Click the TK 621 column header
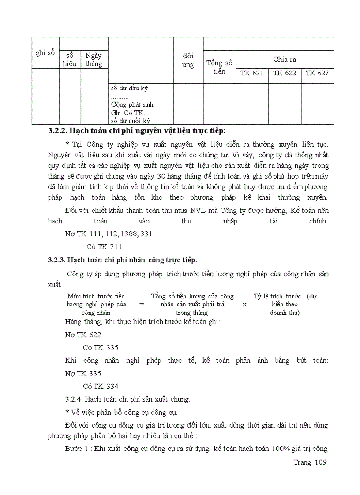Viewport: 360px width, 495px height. tap(252, 73)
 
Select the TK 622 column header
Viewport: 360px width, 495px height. tap(285, 73)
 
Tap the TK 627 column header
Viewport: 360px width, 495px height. tap(317, 73)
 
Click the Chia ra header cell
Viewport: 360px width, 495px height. tap(285, 60)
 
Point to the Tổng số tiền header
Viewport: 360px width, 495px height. tap(219, 67)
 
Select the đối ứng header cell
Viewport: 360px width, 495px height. tap(188, 60)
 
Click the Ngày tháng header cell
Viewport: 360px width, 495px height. tap(94, 60)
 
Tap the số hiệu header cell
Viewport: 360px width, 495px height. tap(70, 60)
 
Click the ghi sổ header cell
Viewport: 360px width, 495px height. tap(45, 53)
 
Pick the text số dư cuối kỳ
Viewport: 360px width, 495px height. tap(131, 120)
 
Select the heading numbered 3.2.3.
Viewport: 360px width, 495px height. tap(122, 260)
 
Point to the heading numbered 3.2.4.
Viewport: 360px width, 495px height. tap(127, 399)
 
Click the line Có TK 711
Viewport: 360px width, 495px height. tap(104, 246)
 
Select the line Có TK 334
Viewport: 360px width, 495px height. tap(101, 387)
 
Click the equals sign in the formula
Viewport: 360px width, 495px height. tap(141, 304)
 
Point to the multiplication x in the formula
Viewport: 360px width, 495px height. tap(244, 305)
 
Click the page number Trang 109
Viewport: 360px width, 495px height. tap(310, 462)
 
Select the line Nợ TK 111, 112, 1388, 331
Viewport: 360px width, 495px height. tap(109, 234)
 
